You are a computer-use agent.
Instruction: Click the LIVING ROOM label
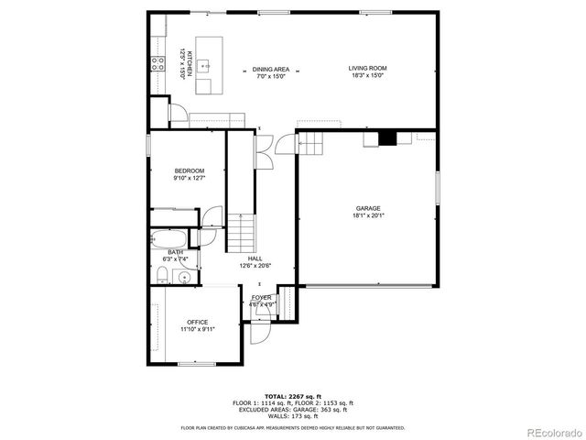tap(367, 69)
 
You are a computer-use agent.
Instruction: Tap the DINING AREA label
tap(271, 69)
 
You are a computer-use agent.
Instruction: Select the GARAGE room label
tap(368, 208)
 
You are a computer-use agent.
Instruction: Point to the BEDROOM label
tap(190, 171)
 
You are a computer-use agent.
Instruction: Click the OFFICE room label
tap(198, 322)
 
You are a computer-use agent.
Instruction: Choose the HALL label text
tap(255, 259)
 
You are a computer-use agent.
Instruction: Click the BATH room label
tap(175, 252)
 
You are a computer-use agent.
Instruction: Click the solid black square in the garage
tap(388, 139)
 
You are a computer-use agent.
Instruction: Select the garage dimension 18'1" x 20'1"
tap(368, 216)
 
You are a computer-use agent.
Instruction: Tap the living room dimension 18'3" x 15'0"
tap(366, 76)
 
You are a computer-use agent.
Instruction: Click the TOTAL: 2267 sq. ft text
tap(293, 395)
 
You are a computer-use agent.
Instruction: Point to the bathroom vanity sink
tap(184, 276)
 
